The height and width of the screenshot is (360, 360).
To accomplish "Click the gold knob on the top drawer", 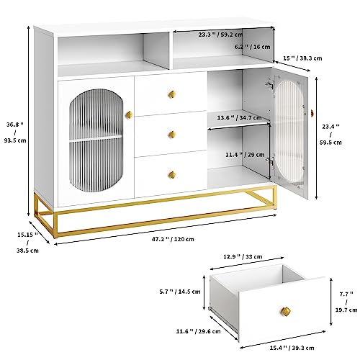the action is (172, 94).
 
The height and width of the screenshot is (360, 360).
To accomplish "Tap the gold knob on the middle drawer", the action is (172, 135).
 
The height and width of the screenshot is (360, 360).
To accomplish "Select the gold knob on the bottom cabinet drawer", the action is (172, 175).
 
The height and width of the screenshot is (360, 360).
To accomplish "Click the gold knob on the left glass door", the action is (129, 114).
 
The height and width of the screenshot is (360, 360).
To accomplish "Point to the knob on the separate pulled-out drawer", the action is (286, 312).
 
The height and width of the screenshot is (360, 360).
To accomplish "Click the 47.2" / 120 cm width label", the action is (173, 239).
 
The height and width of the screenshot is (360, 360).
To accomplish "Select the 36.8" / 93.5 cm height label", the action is (15, 132).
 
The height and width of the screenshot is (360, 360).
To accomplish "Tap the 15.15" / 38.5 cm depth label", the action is (27, 243).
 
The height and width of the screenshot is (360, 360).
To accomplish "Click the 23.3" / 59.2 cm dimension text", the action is (220, 35).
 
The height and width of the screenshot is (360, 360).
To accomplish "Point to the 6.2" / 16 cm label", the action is (253, 47).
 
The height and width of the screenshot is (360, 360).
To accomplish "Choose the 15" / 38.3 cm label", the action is (302, 58).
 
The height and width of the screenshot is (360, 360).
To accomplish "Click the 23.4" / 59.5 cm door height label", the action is (330, 135).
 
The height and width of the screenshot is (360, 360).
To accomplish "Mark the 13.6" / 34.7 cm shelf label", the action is (239, 118).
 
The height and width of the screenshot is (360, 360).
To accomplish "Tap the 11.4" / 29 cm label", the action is (245, 155).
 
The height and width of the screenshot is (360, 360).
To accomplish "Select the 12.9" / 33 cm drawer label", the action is (243, 256).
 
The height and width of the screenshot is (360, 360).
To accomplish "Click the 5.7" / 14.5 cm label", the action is (180, 292).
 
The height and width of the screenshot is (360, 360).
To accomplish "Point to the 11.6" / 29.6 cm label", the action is (198, 331).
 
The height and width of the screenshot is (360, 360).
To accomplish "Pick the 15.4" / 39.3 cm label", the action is (292, 348).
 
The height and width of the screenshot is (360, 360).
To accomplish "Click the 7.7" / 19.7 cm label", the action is (346, 302).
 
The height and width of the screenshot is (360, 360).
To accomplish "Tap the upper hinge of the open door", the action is (270, 85).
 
